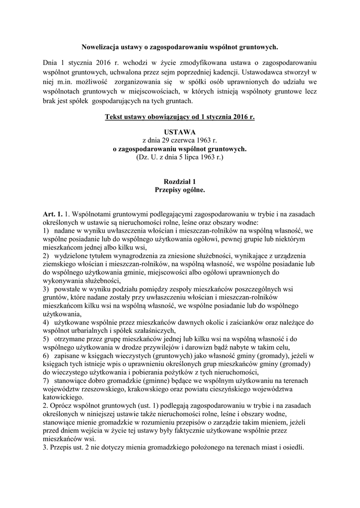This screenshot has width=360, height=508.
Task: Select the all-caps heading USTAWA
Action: (x=180, y=132)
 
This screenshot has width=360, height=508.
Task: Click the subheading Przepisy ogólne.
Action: (x=180, y=190)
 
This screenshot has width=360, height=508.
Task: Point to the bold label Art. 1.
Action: (x=53, y=214)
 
